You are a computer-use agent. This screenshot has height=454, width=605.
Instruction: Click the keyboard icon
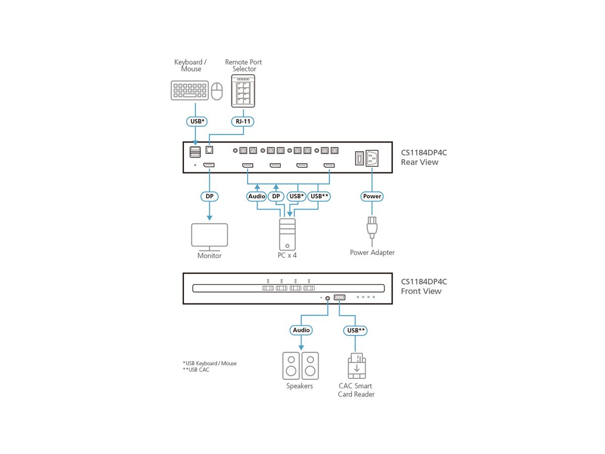coord(190,90)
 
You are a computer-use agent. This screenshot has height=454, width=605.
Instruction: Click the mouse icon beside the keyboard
coord(217,91)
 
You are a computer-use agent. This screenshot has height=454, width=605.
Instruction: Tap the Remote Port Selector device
coord(244,91)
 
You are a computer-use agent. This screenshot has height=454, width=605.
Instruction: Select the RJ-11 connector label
coord(244,121)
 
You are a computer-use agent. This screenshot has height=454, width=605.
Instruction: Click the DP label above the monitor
coord(209,196)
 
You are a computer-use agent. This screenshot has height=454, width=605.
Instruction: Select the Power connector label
coord(372,196)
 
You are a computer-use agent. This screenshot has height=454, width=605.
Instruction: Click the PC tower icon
coord(288,234)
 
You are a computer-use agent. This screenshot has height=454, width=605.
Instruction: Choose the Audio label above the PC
coord(257,196)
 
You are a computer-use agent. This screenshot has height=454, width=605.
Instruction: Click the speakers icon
coord(300,365)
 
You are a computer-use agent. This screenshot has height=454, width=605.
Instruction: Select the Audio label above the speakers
coord(301,330)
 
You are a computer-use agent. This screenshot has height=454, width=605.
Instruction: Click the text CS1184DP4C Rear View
coord(423,157)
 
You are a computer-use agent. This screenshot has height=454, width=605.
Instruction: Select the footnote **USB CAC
coord(196,370)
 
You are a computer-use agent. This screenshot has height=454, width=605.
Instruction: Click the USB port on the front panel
coord(339,297)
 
